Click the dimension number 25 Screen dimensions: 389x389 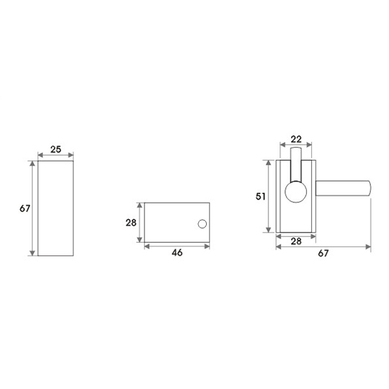56,149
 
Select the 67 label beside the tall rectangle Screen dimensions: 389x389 25,209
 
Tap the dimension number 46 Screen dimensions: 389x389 177,253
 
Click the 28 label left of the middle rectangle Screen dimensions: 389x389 131,222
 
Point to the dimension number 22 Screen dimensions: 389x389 296,139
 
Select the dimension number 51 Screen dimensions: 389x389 261,196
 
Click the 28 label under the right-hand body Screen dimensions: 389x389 296,241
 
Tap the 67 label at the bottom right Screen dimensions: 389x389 324,253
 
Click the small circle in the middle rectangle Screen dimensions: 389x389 202,224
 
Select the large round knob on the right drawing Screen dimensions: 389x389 296,192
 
